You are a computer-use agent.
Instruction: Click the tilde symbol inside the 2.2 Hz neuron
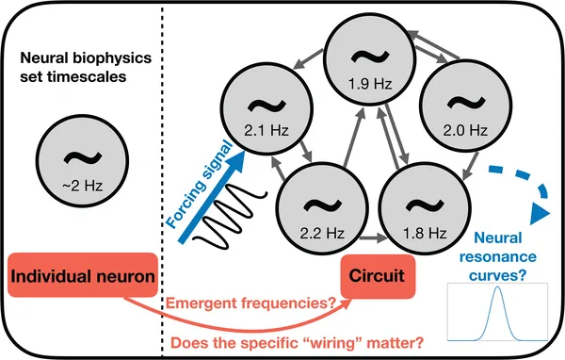313,201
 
